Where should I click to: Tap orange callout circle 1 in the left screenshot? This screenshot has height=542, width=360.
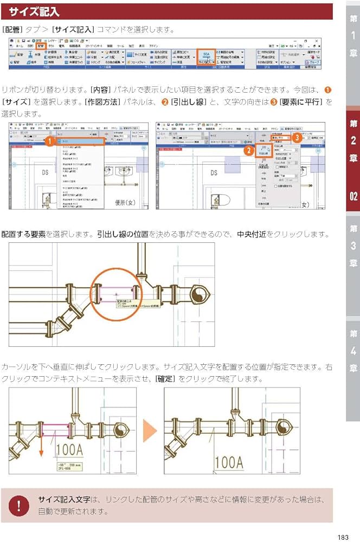pyautogui.click(x=49, y=142)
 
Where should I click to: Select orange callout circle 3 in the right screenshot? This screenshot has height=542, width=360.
pyautogui.click(x=298, y=138)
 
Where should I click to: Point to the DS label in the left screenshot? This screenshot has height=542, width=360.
pyautogui.click(x=46, y=173)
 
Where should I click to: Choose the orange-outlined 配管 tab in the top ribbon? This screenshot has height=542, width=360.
pyautogui.click(x=41, y=47)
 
